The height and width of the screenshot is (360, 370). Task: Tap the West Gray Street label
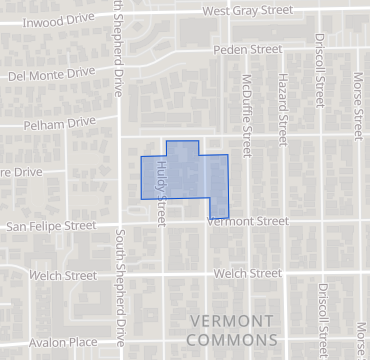point(247,10)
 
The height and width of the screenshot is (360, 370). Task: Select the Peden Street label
point(249,48)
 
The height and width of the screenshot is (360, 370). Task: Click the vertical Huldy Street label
point(160,187)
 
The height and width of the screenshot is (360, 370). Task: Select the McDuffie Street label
point(246,108)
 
